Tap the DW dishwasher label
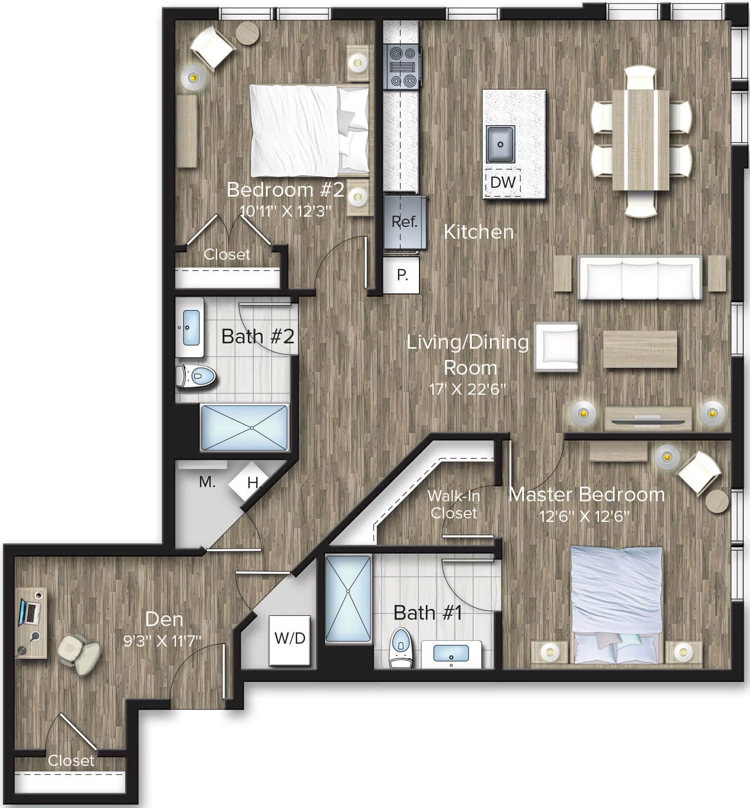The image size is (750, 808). pos(503,182)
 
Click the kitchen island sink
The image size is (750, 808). pos(500,144)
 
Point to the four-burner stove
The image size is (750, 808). pos(402,67)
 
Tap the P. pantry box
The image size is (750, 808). pos(401,275)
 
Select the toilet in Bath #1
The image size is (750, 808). pos(401,647)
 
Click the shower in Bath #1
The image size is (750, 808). pos(348,598)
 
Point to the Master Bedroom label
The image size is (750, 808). pos(587,494)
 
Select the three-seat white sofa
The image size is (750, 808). pos(640,277)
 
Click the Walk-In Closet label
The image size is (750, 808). pos(453,504)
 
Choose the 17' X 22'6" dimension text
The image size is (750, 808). pos(467,390)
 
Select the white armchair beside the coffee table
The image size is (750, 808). pos(556,346)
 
